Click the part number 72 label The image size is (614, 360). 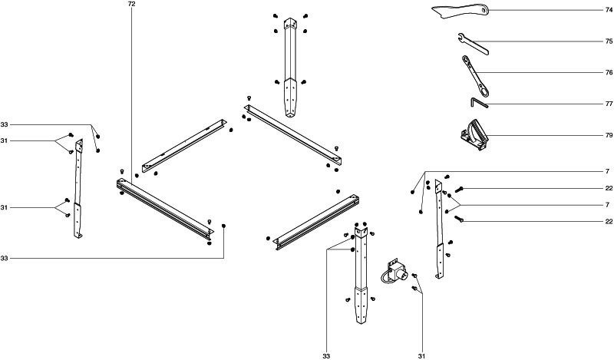(x=131, y=5)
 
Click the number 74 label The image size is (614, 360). (x=608, y=10)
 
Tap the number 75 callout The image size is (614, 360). (x=608, y=41)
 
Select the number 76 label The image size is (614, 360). (x=608, y=72)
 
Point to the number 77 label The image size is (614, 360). (x=608, y=103)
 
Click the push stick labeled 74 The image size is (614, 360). (x=460, y=10)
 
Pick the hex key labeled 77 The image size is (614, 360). (x=478, y=102)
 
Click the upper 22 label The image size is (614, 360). (x=608, y=189)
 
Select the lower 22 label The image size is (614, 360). (x=608, y=221)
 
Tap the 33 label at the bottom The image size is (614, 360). (x=326, y=355)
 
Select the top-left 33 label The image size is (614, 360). (x=5, y=124)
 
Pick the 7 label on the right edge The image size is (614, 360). (x=608, y=205)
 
